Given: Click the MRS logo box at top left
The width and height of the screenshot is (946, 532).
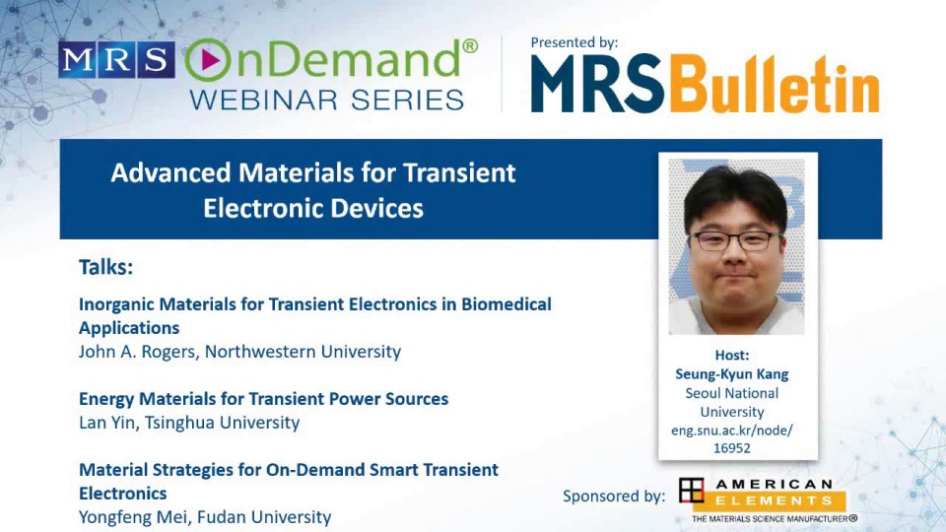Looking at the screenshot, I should (116, 60).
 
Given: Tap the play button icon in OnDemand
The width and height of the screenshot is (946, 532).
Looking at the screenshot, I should (208, 60).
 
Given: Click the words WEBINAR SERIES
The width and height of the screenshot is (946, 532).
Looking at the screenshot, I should (326, 100).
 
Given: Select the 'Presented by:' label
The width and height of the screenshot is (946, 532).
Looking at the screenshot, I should (574, 42).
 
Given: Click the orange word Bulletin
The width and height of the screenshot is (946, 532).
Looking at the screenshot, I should (772, 86).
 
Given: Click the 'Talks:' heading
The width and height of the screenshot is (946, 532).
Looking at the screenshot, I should (105, 267).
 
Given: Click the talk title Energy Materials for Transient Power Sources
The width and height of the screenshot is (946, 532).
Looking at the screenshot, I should (263, 399).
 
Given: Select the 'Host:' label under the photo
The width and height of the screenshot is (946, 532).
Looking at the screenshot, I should (732, 355).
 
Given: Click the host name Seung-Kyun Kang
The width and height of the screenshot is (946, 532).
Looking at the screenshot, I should (732, 373).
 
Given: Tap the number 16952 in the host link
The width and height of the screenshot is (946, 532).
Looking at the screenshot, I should (732, 448).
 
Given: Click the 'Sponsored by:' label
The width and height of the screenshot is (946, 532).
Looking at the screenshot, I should (614, 496).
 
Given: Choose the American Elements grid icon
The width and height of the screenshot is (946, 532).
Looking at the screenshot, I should (692, 491).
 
